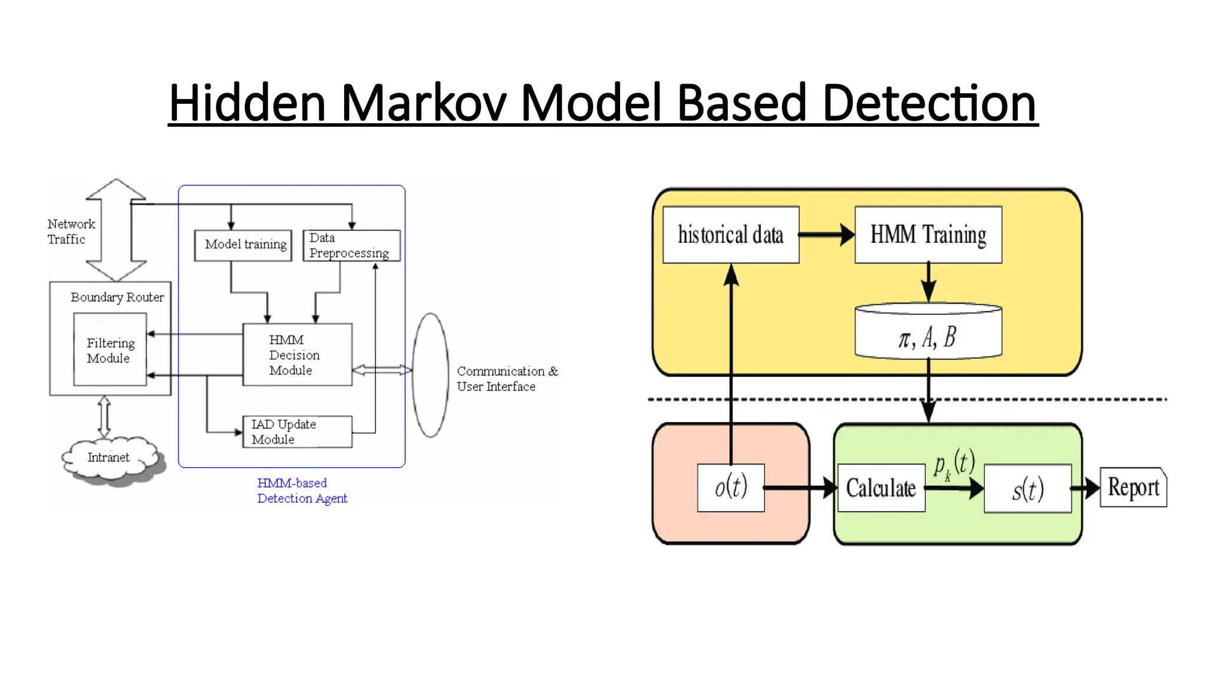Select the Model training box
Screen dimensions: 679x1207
(x=243, y=245)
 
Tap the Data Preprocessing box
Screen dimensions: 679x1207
(x=351, y=245)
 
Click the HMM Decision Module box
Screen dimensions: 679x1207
(x=297, y=355)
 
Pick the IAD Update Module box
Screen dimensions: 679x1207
(x=297, y=432)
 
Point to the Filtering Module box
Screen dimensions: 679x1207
(x=110, y=350)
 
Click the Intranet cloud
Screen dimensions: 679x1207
(x=109, y=458)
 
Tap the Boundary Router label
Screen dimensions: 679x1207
(x=117, y=297)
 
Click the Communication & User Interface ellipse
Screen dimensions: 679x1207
(x=430, y=375)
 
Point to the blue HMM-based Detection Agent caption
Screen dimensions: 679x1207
(x=302, y=490)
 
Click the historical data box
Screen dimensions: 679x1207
(x=731, y=235)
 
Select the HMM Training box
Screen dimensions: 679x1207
(x=928, y=235)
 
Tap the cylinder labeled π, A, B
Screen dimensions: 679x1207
(x=928, y=333)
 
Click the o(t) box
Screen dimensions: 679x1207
(x=731, y=488)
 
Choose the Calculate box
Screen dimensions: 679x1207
(x=881, y=488)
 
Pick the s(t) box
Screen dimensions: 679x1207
(x=1027, y=489)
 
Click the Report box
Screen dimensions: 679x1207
(x=1133, y=487)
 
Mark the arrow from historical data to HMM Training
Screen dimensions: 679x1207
(x=826, y=235)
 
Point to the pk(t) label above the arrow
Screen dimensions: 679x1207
(x=954, y=464)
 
